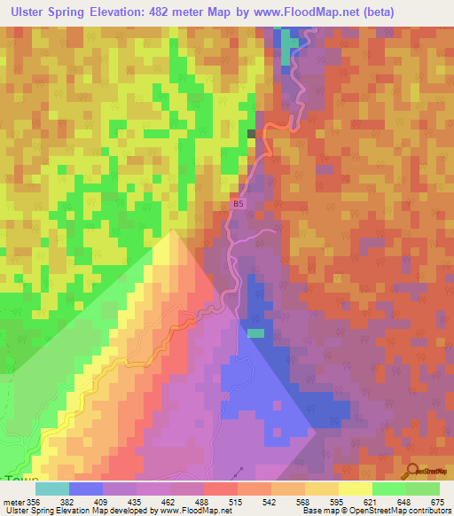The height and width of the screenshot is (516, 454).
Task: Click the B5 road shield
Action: pos(237,204)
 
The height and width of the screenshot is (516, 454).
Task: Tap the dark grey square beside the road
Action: pos(251,133)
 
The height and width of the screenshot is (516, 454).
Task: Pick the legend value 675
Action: pos(436,501)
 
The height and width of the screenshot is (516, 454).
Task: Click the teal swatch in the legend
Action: pos(52,489)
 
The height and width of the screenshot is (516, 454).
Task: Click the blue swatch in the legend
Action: pos(86,489)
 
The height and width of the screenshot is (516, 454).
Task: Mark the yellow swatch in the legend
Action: pos(356,489)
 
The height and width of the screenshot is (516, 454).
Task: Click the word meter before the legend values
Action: pos(13,501)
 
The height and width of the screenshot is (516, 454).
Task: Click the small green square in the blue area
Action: pos(255,333)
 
